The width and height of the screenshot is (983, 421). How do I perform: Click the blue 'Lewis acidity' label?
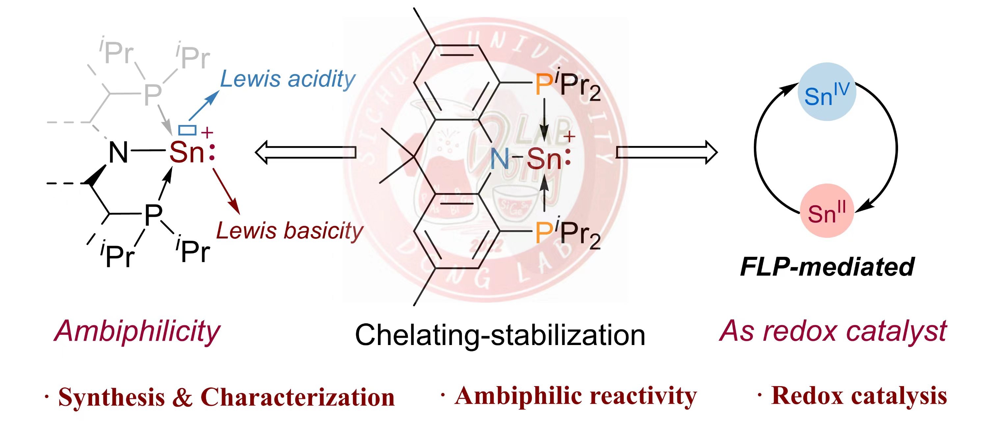tap(287, 79)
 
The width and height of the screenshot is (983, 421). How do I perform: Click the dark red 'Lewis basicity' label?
tap(289, 231)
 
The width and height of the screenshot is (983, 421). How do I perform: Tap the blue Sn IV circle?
tap(827, 92)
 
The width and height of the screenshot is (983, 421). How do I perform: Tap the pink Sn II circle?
tap(827, 211)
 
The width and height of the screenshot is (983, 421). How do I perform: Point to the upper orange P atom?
tap(544, 85)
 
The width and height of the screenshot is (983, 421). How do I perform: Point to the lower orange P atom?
tap(544, 232)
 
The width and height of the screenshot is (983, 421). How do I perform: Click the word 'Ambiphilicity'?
tap(137, 331)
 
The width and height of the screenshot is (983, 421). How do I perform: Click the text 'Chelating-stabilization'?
tap(500, 335)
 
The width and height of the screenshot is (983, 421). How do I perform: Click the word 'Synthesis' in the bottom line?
tap(111, 397)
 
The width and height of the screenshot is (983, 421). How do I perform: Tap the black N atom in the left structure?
tap(118, 153)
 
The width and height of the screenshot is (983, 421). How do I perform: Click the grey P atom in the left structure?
tap(153, 94)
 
